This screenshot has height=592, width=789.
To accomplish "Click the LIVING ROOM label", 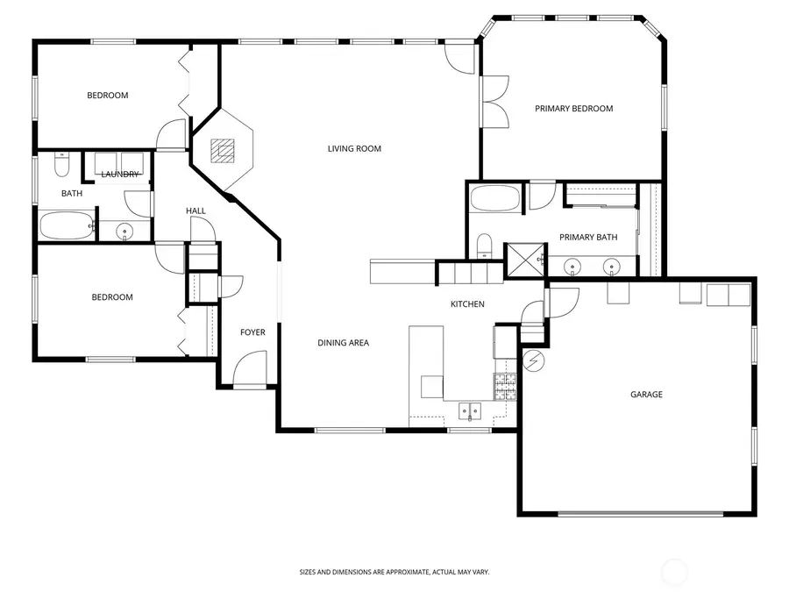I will point(354,149).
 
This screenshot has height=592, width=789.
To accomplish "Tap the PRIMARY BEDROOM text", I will point(574,109).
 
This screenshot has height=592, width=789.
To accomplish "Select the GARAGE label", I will point(646,395).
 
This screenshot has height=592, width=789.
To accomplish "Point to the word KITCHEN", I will point(467,304).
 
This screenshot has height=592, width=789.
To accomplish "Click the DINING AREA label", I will point(343,343).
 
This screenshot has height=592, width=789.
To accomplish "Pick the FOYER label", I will point(252,332).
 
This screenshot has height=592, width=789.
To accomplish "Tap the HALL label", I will point(195,211).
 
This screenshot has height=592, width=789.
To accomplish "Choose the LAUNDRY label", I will point(119,175).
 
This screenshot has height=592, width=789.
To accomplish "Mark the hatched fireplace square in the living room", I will point(224,151).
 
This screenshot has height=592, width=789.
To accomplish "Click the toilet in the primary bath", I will point(484,247).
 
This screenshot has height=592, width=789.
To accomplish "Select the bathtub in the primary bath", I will point(496,198).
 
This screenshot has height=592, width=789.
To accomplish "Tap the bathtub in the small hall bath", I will point(67,225).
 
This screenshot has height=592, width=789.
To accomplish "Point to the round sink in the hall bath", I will point(124,232).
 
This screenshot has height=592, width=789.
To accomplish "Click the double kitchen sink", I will point(472,410).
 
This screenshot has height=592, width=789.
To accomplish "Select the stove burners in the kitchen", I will point(506,387).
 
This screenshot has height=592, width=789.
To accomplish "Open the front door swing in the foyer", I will point(249,368).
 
